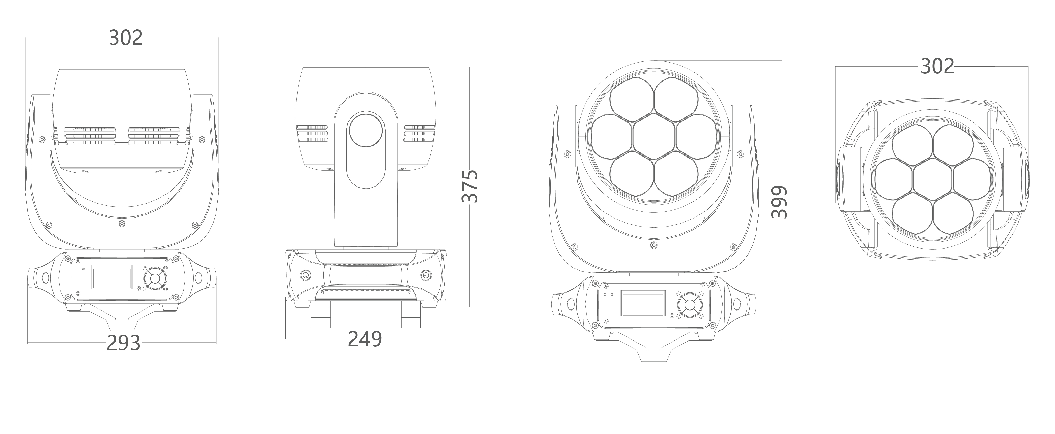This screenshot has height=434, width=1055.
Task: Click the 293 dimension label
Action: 123,343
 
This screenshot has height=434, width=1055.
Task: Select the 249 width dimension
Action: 365,339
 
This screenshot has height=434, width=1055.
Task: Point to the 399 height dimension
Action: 779,202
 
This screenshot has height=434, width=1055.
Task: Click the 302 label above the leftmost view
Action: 126,38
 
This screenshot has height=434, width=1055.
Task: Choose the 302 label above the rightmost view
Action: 937,66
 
